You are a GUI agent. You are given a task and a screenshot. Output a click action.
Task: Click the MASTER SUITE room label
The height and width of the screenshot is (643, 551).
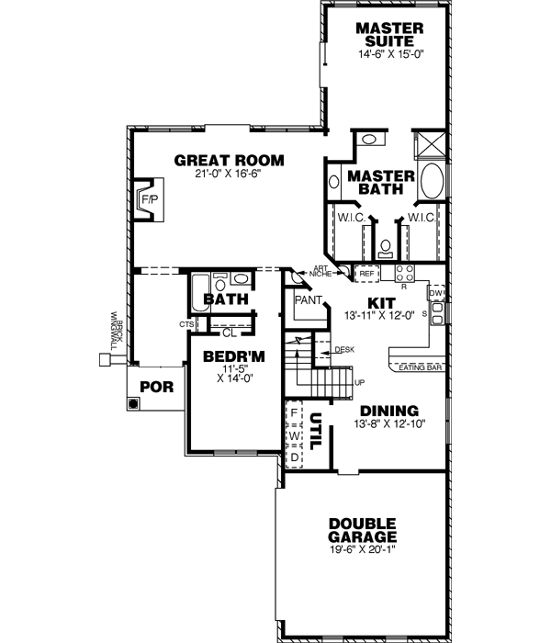tap(389, 35)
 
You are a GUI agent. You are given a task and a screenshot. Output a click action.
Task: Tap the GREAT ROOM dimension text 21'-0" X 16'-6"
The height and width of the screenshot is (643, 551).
tap(229, 174)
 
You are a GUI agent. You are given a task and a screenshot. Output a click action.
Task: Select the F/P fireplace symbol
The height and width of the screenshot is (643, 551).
tap(148, 198)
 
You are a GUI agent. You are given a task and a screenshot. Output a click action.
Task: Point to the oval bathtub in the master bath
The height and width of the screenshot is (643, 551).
tap(430, 181)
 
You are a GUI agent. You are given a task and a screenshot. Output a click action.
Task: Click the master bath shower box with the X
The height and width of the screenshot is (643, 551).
tap(430, 146)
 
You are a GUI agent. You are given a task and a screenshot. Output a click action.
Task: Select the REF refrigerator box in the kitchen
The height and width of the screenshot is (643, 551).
tap(367, 274)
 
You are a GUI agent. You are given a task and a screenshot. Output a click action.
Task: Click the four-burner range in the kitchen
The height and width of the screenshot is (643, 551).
tap(405, 273)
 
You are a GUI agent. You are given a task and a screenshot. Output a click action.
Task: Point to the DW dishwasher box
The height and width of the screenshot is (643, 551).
tap(437, 294)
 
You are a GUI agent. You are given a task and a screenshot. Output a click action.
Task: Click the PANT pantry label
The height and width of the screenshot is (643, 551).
tap(306, 299)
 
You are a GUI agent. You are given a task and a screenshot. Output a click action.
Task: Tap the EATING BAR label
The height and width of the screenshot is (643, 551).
tap(422, 369)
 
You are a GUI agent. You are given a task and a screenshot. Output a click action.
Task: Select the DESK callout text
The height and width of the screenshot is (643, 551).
tap(344, 350)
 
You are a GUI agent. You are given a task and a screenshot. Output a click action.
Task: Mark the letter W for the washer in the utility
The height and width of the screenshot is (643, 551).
tap(294, 435)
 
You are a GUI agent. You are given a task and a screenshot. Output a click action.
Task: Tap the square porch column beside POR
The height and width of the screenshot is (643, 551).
tap(133, 402)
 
